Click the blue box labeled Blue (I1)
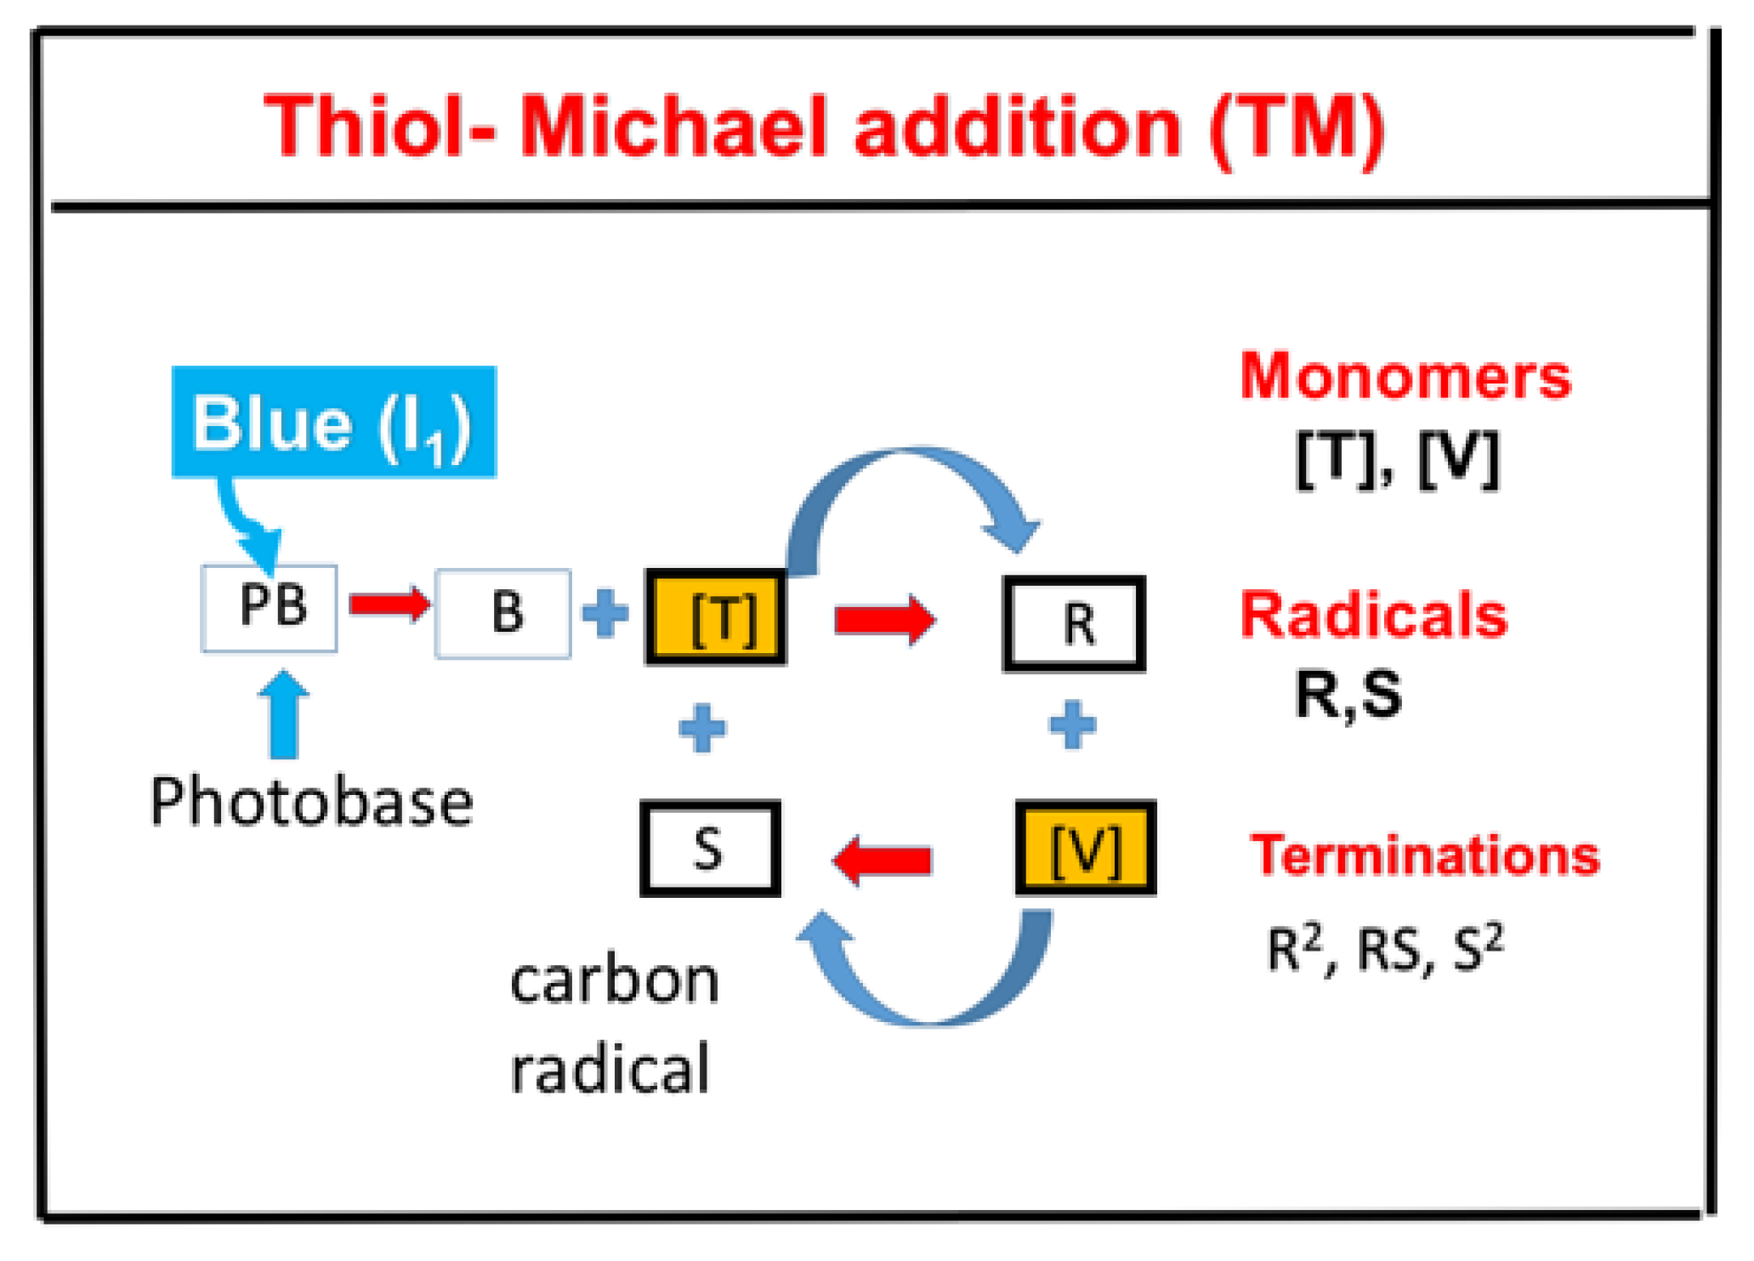(333, 422)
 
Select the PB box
(270, 608)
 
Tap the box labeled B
(502, 613)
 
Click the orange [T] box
(716, 616)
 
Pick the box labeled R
(1074, 623)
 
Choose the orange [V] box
(1085, 848)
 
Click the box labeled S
(710, 848)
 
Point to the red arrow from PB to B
(389, 604)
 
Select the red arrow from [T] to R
(884, 619)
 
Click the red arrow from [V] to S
(883, 860)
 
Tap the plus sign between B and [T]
(605, 612)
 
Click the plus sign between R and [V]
(1072, 725)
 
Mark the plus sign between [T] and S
(702, 728)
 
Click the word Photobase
(311, 802)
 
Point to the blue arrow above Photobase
(284, 714)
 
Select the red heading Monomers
(1405, 376)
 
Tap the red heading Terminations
(1424, 855)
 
